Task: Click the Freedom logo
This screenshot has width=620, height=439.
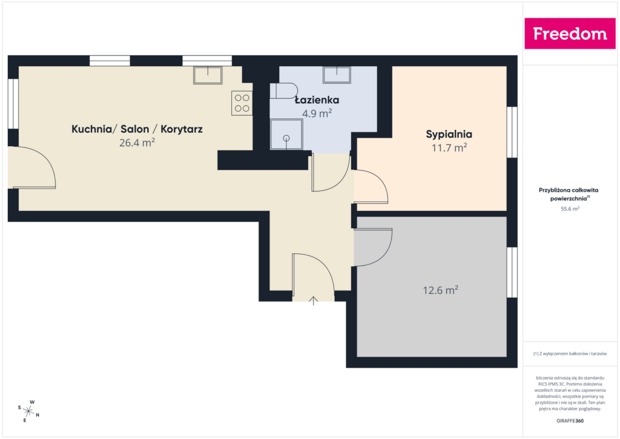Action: pos(570,33)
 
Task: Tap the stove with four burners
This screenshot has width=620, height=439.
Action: pos(242,103)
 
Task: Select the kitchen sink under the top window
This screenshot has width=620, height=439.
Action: pos(208,75)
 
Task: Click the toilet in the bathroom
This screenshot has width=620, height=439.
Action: pos(284,91)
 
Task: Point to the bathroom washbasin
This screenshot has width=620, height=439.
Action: pos(337,75)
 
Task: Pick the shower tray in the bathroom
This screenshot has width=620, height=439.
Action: pos(286,135)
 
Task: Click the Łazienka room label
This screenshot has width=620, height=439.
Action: pos(317,100)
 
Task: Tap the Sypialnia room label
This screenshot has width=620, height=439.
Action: pos(449,134)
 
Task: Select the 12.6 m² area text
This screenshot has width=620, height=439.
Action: pos(441,290)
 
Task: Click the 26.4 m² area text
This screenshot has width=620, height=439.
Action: pos(137,142)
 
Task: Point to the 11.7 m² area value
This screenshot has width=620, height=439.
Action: pos(449,148)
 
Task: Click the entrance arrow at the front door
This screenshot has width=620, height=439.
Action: pos(313,301)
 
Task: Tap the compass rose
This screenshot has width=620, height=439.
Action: pos(28,412)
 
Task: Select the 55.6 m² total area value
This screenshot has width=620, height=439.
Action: pos(570,209)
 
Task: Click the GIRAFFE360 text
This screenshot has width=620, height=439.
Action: pos(570,421)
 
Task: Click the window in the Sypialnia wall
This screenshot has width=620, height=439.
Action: pos(512,132)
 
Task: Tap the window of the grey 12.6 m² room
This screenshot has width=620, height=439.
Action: pos(512,272)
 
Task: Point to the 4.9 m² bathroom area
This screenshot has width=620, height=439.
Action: pos(317,113)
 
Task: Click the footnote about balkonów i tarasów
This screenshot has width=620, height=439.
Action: pos(570,354)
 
